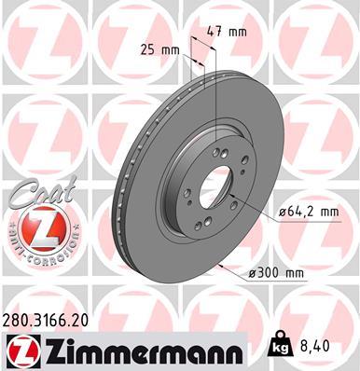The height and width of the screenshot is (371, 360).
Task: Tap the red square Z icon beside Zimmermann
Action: pyautogui.click(x=20, y=350)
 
